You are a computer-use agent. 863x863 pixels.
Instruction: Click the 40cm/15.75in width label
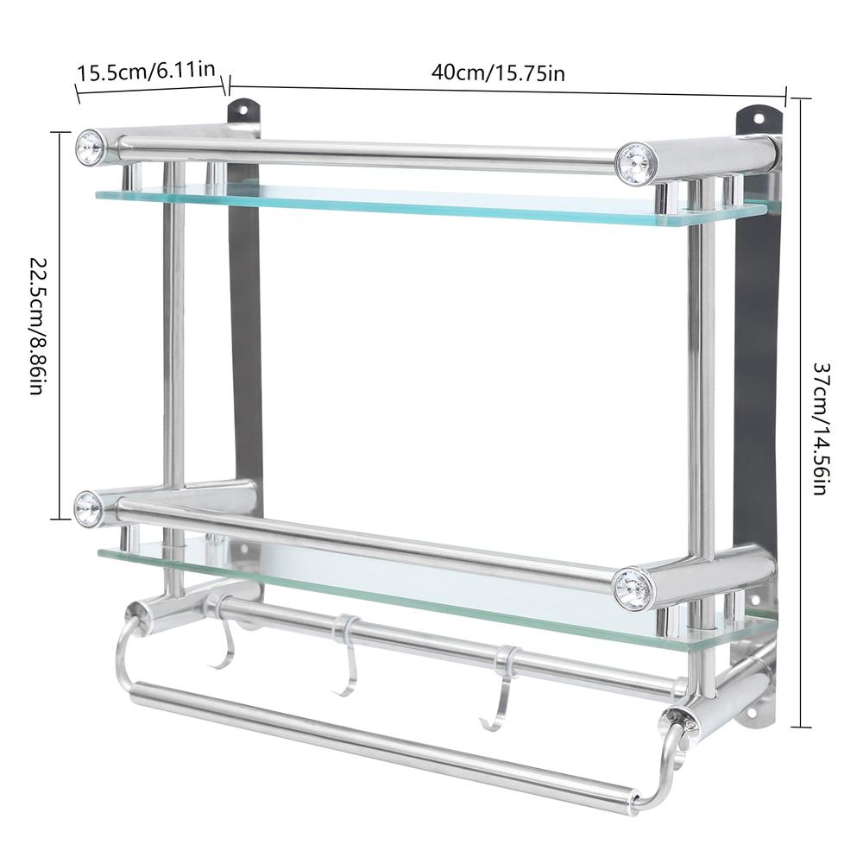coord(498,73)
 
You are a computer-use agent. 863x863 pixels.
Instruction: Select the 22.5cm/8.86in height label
coord(40,324)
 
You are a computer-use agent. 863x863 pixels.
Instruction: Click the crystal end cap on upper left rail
coord(89,148)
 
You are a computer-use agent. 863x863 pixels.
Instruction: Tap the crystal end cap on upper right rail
coord(634,163)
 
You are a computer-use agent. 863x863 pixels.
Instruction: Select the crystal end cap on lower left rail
coord(88,508)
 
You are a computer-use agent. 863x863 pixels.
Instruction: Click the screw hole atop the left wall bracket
coord(243,110)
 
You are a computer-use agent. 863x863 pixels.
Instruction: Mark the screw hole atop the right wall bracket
coord(759,118)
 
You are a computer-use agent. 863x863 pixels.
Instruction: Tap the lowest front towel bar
coord(380,749)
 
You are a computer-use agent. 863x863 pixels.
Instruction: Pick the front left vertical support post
coord(173,345)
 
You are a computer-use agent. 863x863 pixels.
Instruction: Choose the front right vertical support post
coord(701,388)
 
